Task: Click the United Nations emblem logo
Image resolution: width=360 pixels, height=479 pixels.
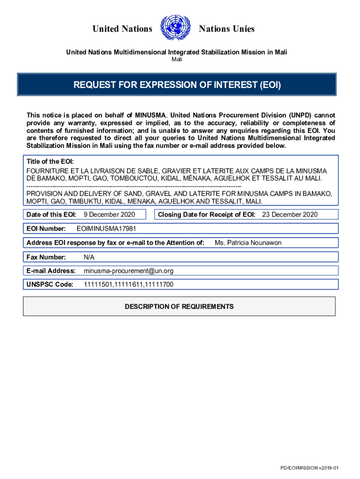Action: (175, 29)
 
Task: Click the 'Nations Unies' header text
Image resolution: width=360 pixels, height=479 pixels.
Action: (227, 29)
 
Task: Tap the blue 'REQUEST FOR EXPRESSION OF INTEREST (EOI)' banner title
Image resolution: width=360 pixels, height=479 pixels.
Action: (177, 85)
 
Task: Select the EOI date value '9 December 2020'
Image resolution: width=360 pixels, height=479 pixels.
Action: (109, 214)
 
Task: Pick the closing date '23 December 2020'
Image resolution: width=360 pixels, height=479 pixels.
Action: (289, 214)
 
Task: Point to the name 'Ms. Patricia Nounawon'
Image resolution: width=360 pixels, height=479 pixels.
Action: (248, 243)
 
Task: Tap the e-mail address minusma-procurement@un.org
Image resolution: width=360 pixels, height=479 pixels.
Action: (129, 271)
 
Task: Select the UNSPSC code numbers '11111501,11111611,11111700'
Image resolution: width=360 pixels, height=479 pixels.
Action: (128, 284)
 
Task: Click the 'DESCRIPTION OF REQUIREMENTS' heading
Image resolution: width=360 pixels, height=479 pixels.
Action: (179, 307)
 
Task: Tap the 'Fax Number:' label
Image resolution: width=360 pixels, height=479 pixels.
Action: (46, 257)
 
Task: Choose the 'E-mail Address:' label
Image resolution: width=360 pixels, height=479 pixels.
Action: (51, 271)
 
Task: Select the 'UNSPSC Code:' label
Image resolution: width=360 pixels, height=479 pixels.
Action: (50, 284)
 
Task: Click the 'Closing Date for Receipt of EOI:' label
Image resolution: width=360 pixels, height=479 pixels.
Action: (207, 214)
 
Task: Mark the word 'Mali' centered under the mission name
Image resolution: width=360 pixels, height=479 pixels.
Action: (177, 59)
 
